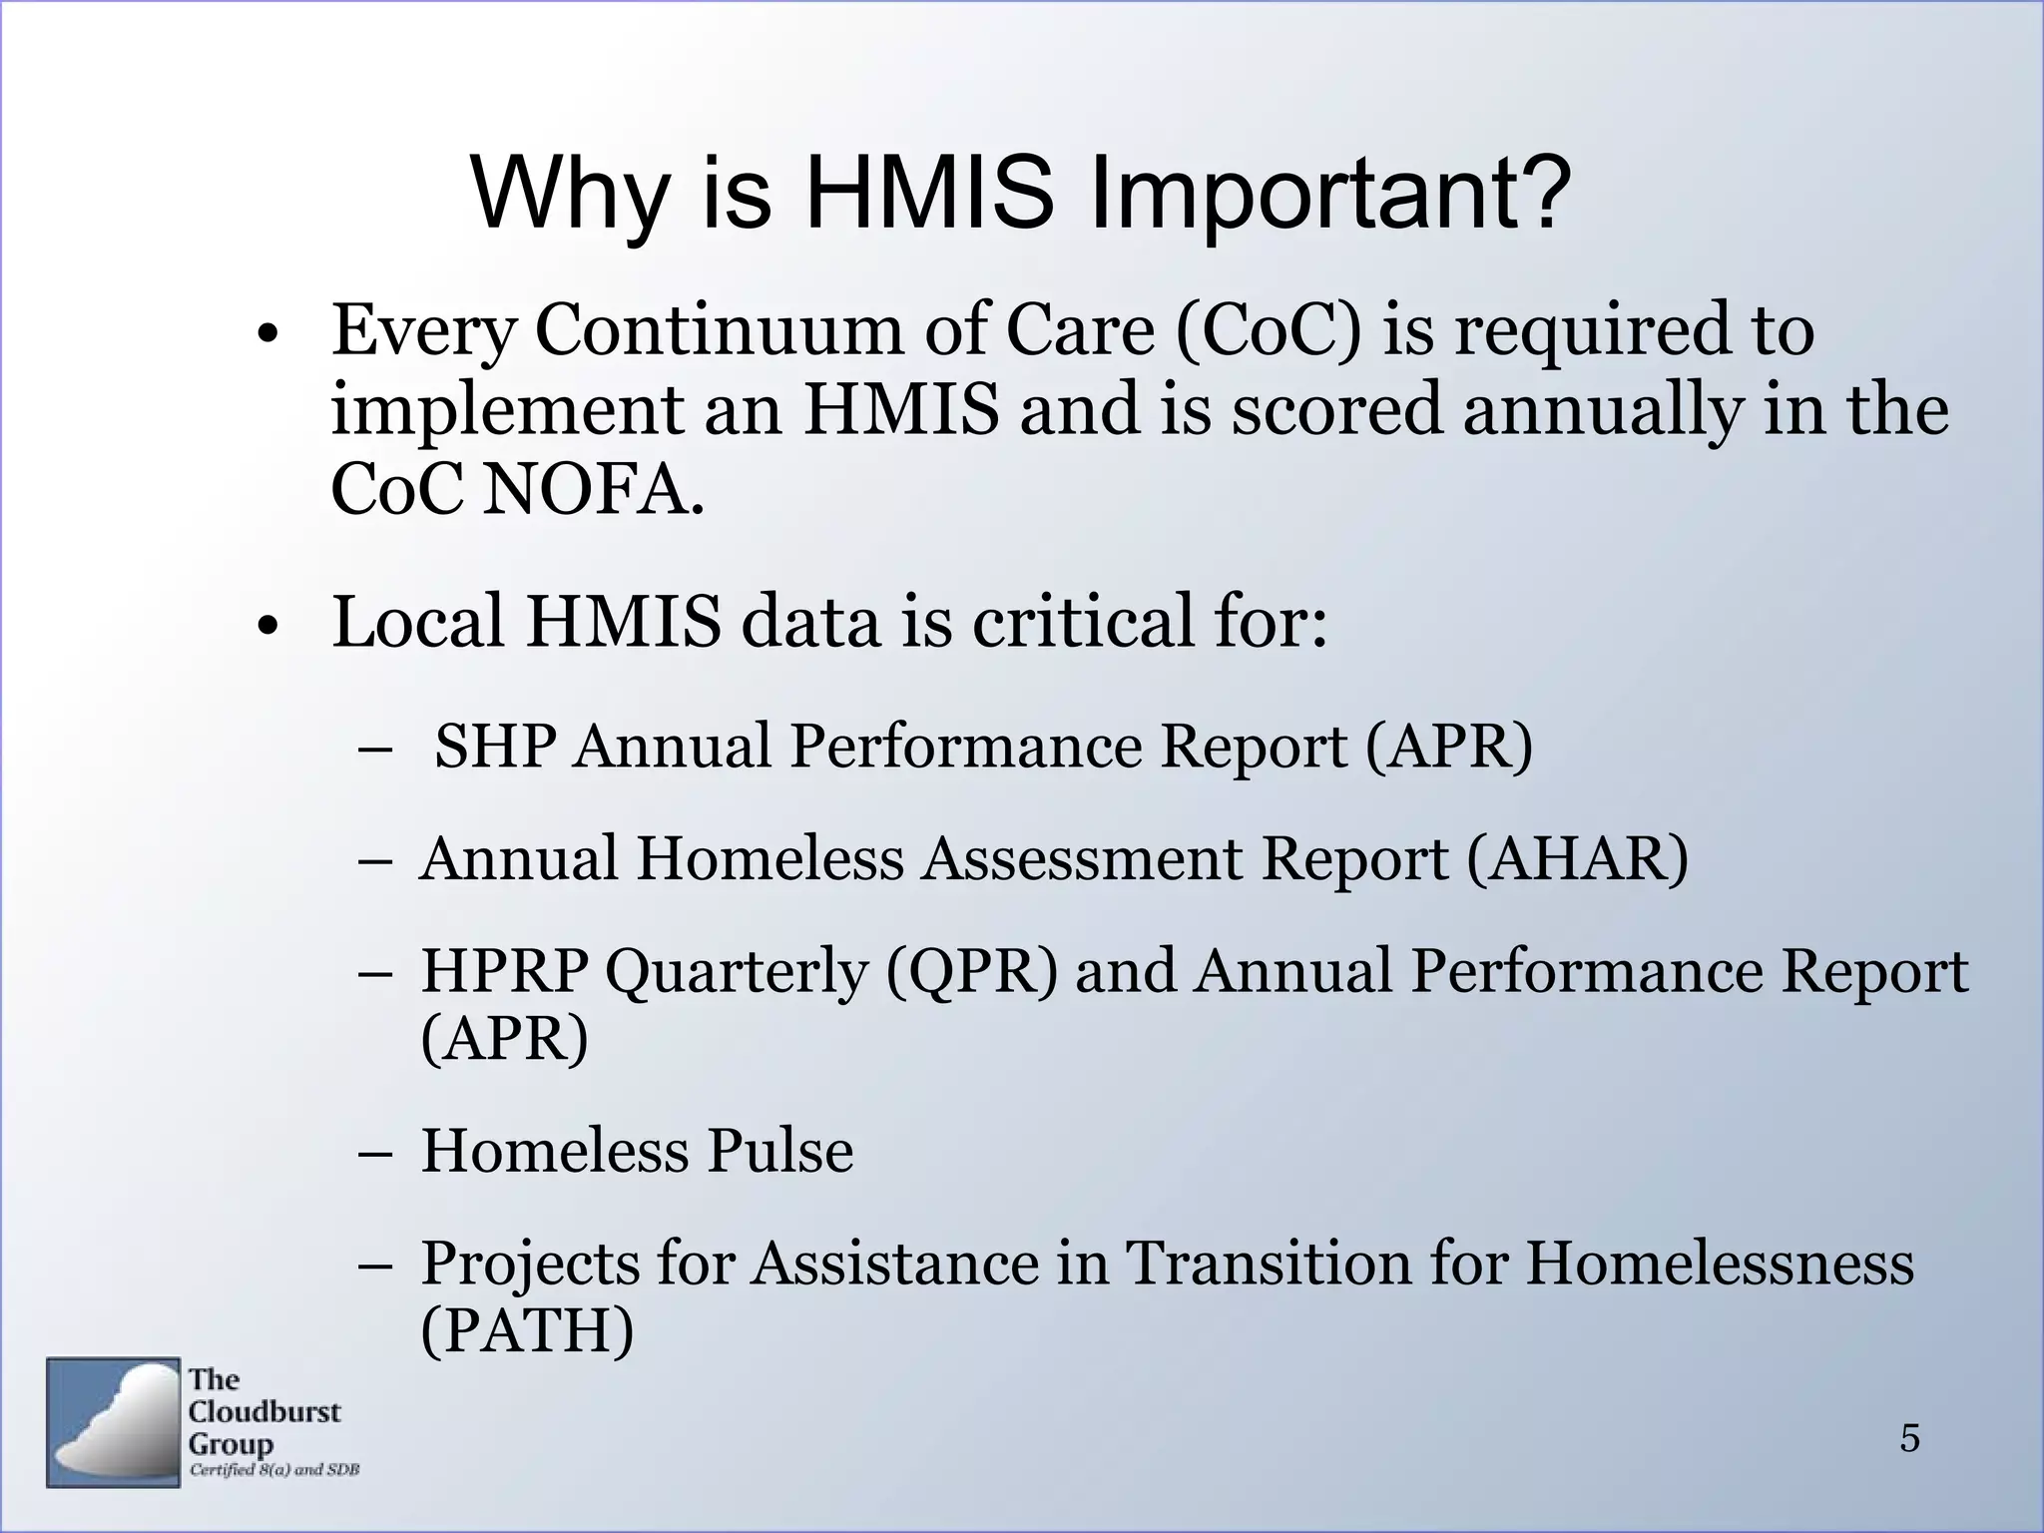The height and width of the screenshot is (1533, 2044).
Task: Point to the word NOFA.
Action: click(592, 491)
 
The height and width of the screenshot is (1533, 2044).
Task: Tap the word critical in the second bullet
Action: click(1083, 622)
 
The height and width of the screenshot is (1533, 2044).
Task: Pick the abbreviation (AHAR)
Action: click(1577, 858)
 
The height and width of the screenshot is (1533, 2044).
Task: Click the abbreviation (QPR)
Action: click(970, 970)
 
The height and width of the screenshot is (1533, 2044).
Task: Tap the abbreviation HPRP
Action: click(504, 970)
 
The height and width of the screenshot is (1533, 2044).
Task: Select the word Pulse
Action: click(779, 1151)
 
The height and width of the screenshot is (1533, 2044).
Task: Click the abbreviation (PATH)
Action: click(527, 1330)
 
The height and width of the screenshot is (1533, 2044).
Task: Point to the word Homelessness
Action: click(1719, 1263)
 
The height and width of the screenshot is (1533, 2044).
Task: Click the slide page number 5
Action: click(1909, 1438)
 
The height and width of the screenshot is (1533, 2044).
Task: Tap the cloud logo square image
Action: click(113, 1422)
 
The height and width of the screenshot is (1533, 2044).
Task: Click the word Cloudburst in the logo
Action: click(264, 1411)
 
